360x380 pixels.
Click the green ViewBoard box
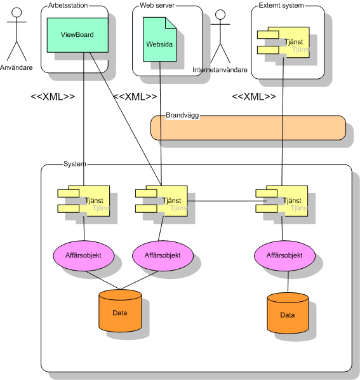point(77,35)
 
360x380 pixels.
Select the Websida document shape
point(159,39)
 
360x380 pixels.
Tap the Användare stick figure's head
point(17,12)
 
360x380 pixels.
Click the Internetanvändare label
point(220,70)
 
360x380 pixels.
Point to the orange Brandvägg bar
point(248,128)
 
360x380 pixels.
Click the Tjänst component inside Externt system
point(283,42)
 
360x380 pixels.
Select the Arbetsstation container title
point(68,5)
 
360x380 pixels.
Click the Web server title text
point(157,5)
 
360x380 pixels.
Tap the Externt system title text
point(281,5)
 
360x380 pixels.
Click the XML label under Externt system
point(254,97)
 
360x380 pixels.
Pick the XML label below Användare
point(53,97)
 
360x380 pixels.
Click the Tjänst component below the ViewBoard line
point(84,201)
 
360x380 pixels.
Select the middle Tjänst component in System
point(161,201)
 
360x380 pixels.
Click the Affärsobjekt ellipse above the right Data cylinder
point(284,255)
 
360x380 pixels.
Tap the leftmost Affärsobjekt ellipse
point(84,255)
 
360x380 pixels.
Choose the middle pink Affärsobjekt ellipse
point(163,255)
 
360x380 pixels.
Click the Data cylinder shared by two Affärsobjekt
point(120,311)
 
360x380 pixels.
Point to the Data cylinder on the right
point(288,313)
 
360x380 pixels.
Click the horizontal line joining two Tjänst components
point(227,201)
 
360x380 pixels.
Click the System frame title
point(74,164)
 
